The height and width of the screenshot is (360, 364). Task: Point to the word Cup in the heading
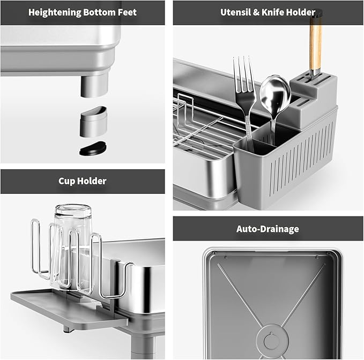click(67, 181)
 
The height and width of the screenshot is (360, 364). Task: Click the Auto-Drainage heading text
click(268, 229)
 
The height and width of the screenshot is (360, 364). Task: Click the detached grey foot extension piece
click(93, 122)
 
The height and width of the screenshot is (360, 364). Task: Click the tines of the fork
click(243, 75)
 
